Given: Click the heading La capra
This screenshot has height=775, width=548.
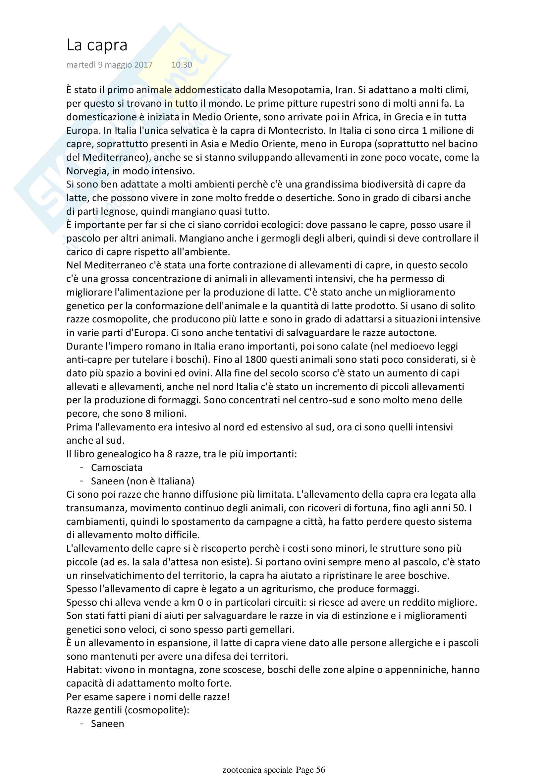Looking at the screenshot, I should tap(97, 45).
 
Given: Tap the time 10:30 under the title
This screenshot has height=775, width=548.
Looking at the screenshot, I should tap(182, 65).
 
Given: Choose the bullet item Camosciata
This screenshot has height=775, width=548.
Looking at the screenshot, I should tap(117, 468).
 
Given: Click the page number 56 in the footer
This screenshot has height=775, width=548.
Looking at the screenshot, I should tap(321, 770).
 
